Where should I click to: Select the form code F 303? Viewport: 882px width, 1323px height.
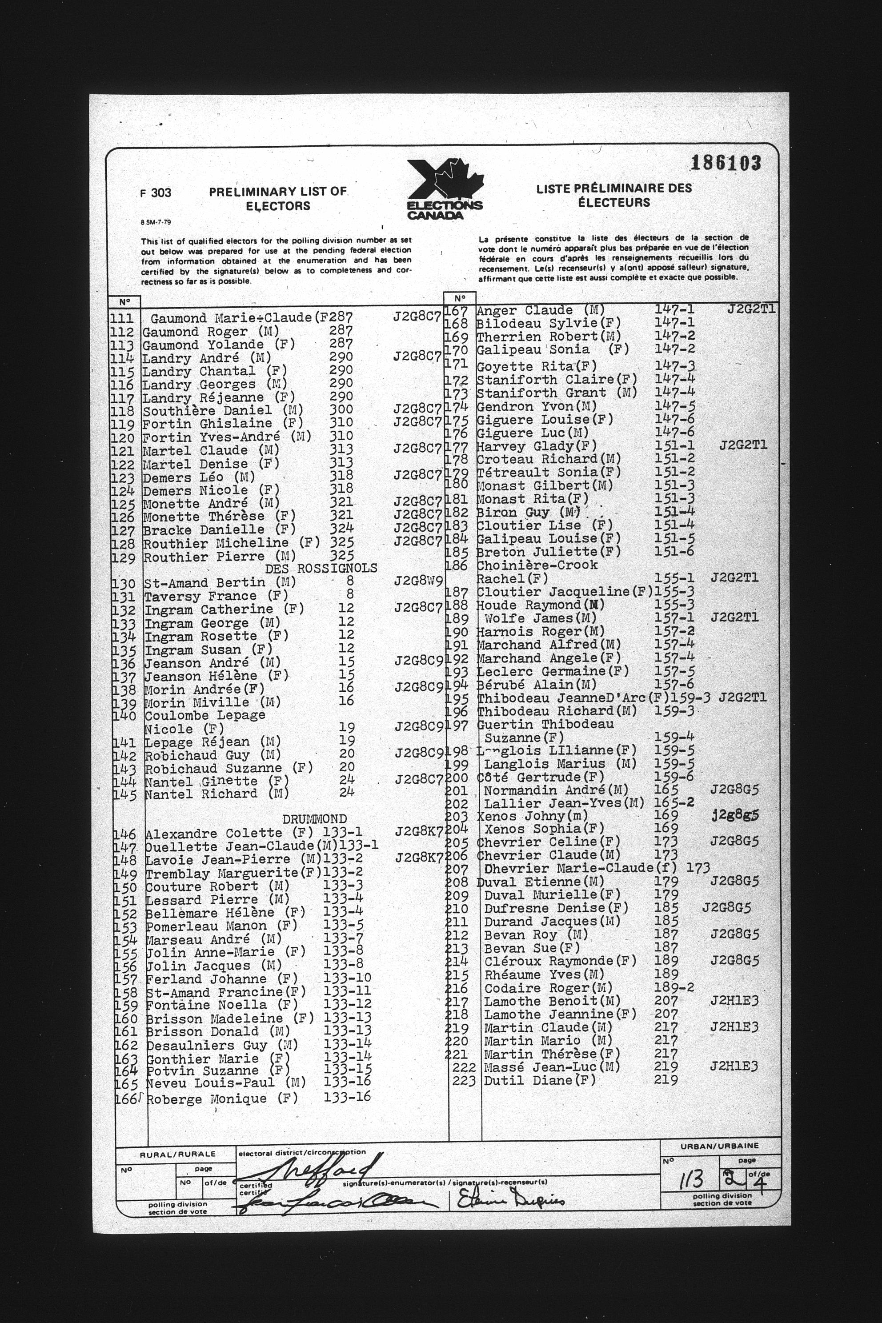(155, 193)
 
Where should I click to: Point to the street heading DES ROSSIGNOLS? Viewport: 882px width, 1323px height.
(321, 569)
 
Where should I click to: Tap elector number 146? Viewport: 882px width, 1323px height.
(125, 834)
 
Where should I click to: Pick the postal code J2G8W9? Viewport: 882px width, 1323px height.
(418, 581)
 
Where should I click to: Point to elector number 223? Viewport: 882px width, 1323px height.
(464, 1081)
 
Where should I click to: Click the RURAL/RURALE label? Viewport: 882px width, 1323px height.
(178, 1154)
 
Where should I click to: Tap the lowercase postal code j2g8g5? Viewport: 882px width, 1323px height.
(734, 815)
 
